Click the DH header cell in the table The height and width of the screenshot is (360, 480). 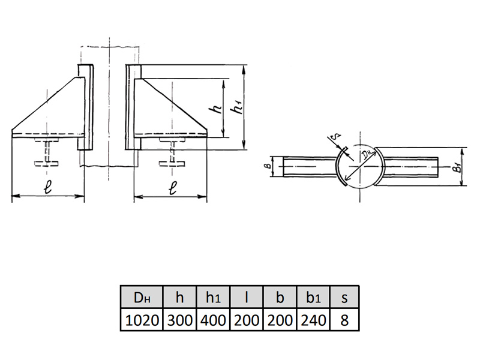coord(142,297)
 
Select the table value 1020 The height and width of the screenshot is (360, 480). coord(142,320)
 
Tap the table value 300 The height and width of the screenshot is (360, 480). coord(179,320)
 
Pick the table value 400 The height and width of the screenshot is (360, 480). coord(213,320)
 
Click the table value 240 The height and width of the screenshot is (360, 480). coord(313,320)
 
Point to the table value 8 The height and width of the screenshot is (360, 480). coord(344,320)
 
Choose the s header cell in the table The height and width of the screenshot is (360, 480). coord(344,297)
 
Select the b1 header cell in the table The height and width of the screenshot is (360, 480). coord(313,297)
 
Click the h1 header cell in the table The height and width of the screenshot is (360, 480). coord(213,297)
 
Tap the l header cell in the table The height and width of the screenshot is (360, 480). coord(247,297)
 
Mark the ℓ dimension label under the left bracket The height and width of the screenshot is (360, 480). coord(47,187)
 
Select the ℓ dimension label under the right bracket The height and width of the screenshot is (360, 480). coord(173,188)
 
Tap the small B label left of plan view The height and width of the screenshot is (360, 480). coord(267,166)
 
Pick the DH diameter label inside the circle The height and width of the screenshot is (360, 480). coord(367,155)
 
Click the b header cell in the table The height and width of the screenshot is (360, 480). coord(280,297)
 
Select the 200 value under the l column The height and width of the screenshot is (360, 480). coord(247,320)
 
